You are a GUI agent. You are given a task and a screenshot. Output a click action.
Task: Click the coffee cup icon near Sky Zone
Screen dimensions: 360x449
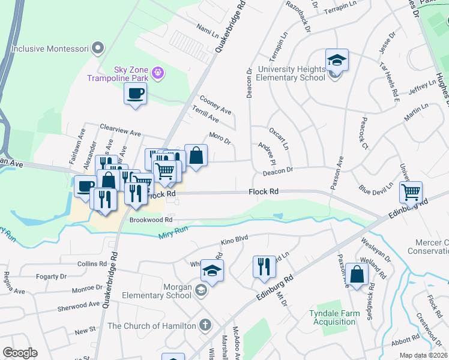coord(135,94)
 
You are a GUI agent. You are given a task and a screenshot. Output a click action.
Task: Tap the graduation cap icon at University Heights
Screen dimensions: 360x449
coord(337,60)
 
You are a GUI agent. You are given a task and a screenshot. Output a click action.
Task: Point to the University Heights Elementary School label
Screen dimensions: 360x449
coord(291,73)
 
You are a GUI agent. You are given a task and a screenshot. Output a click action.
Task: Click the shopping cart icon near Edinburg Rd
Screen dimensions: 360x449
coord(411,193)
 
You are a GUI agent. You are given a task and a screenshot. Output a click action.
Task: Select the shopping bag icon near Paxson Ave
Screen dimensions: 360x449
coord(357,275)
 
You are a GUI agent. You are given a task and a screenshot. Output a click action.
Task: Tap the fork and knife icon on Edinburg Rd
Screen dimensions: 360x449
coord(264,266)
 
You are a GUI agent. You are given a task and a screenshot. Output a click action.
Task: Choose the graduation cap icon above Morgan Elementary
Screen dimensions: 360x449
coord(212,271)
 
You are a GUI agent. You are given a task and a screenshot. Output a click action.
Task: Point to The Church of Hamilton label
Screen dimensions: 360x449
coord(151,326)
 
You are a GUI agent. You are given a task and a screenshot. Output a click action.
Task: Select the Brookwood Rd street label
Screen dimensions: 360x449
coord(148,220)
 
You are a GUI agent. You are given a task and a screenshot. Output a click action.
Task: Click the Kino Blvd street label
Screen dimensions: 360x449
coord(234,241)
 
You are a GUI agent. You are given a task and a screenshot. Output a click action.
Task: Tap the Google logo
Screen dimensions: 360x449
coord(20,353)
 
